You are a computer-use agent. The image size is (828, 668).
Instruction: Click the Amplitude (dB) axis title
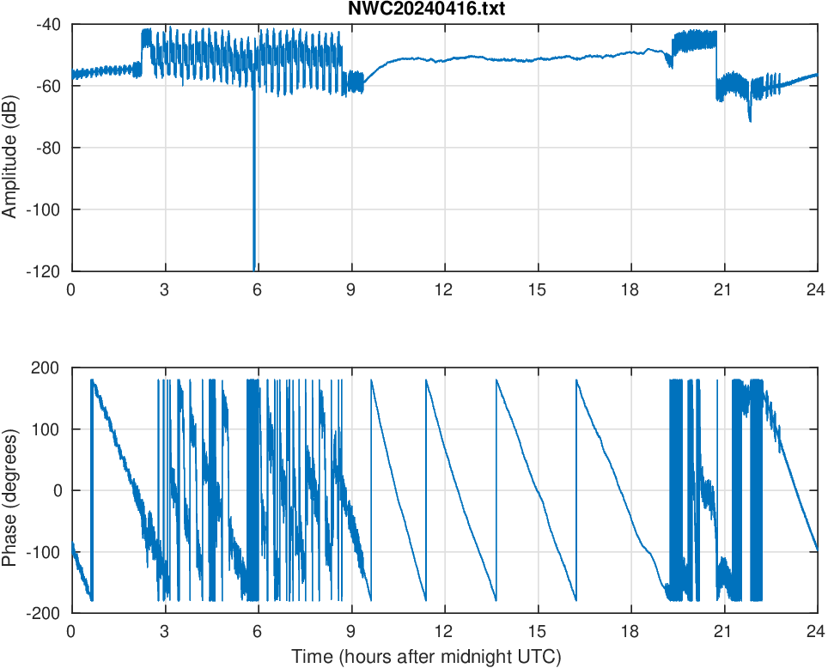click(11, 148)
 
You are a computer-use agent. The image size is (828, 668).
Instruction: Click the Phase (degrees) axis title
click(11, 490)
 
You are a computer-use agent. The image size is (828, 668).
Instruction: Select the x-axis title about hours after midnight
click(426, 657)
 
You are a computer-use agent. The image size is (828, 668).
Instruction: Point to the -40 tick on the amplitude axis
click(48, 25)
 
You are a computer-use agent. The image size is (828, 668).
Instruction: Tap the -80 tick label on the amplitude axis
click(48, 148)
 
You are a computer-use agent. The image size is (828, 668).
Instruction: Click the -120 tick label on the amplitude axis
click(45, 271)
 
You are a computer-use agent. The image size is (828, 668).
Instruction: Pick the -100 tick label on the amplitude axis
click(45, 210)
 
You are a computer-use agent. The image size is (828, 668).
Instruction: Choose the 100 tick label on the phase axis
click(48, 429)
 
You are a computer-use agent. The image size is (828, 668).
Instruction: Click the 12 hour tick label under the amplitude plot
click(444, 289)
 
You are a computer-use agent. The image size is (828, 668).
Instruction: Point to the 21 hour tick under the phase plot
click(723, 631)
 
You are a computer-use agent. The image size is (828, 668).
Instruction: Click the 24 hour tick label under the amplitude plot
click(816, 289)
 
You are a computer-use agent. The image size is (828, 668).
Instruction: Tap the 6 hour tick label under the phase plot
click(258, 631)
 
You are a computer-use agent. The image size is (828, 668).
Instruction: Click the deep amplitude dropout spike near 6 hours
click(254, 215)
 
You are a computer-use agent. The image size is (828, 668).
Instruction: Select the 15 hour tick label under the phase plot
click(537, 631)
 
